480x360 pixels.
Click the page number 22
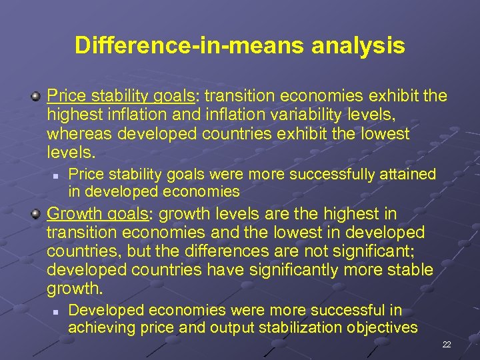(446, 345)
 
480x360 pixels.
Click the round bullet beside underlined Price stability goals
(35, 97)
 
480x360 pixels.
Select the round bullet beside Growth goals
(35, 215)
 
